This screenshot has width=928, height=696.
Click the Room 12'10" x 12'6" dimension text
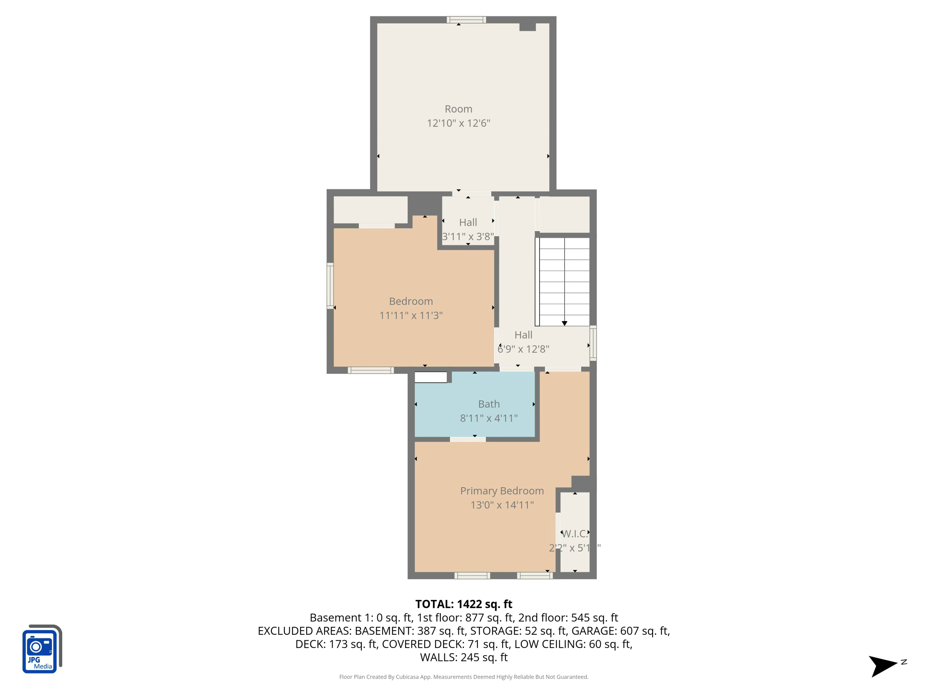(x=458, y=123)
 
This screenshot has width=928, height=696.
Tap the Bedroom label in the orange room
(x=411, y=301)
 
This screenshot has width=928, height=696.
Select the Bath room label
(x=489, y=404)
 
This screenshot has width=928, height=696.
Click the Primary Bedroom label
(x=502, y=491)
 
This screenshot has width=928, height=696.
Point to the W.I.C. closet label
(x=575, y=534)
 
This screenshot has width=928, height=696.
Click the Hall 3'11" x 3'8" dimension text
(x=468, y=237)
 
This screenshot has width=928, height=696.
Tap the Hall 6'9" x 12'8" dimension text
(x=523, y=349)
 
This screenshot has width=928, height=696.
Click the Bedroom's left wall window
(x=330, y=286)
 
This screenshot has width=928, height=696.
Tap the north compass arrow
(x=883, y=665)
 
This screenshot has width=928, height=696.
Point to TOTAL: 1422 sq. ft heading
(x=464, y=604)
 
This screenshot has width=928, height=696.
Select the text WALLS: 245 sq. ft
(x=464, y=657)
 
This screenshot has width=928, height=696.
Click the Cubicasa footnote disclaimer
(x=464, y=677)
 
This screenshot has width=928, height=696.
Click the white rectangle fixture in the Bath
(x=431, y=377)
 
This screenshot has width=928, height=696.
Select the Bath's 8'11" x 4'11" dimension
(x=489, y=418)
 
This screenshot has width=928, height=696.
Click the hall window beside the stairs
(x=593, y=343)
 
